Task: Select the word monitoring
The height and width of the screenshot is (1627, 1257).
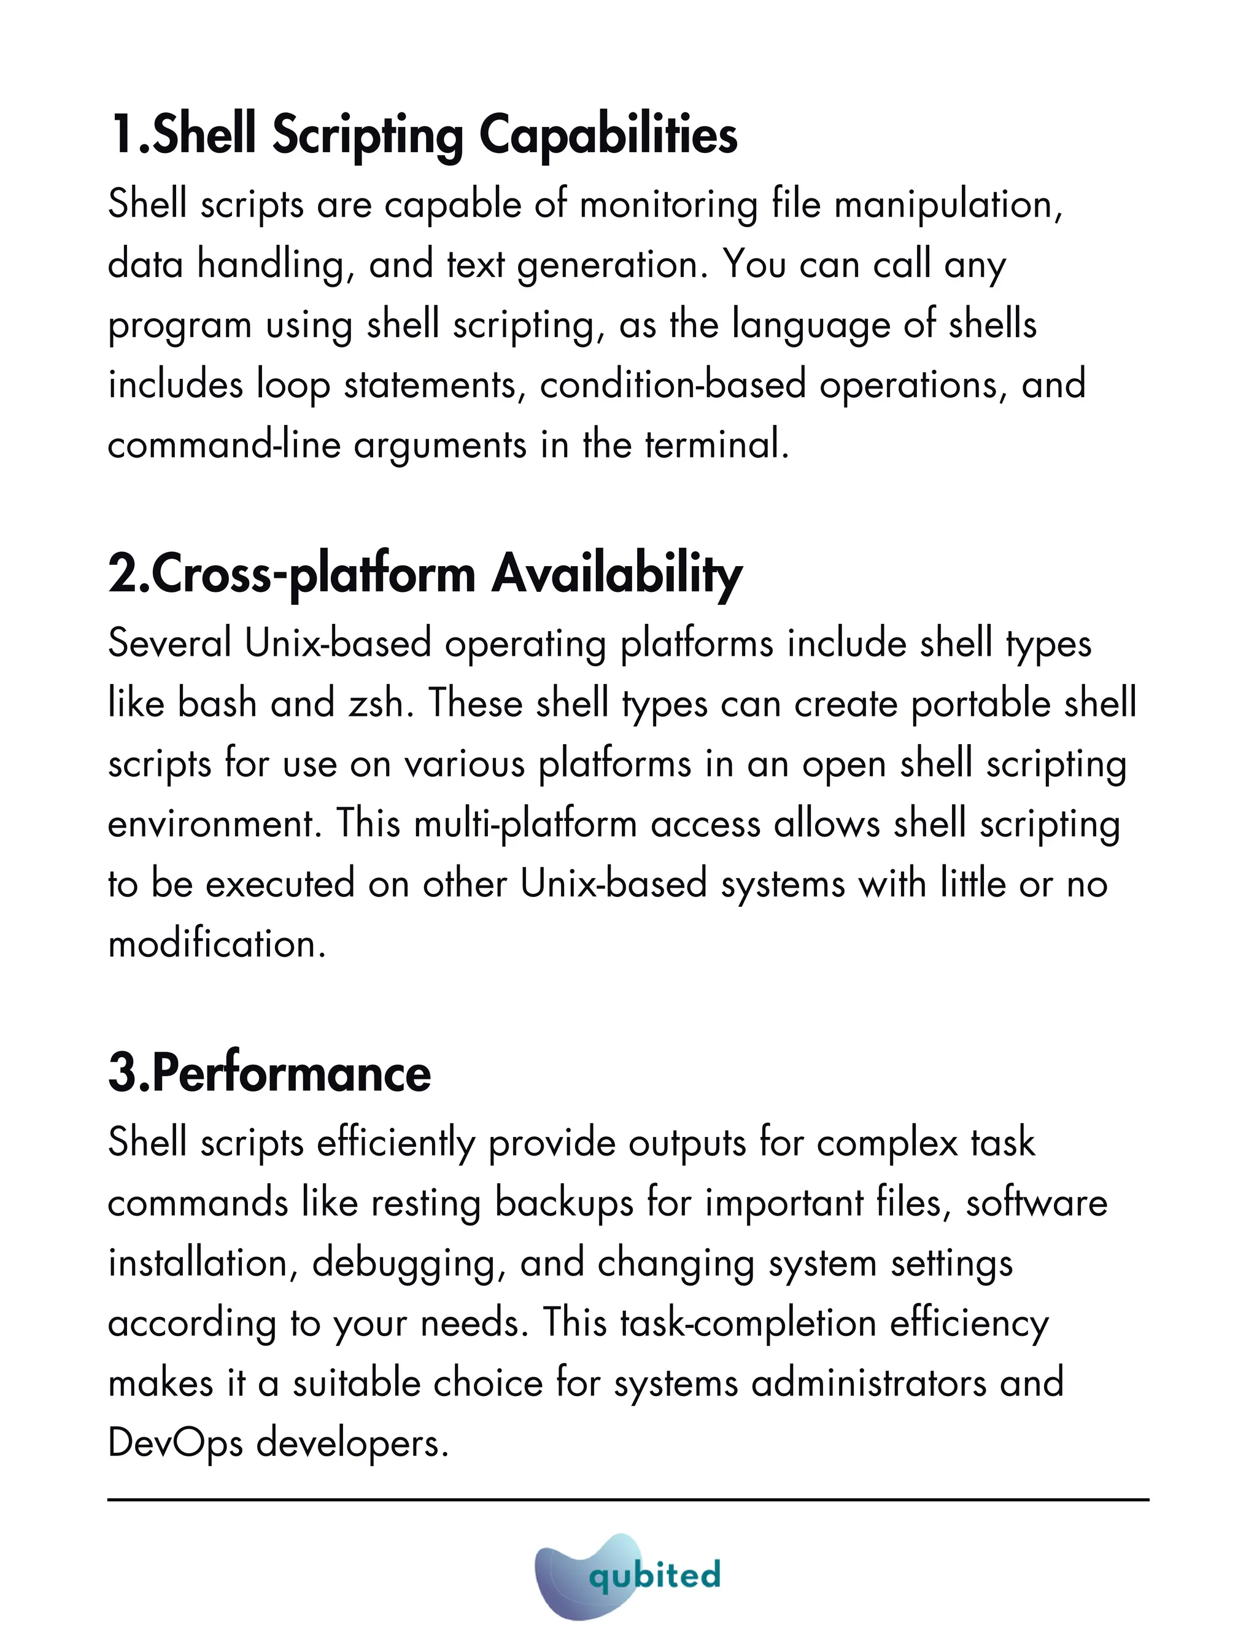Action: pyautogui.click(x=668, y=205)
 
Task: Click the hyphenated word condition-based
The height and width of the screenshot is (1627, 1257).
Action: pyautogui.click(x=673, y=385)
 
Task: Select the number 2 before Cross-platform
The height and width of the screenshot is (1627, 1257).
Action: pyautogui.click(x=122, y=575)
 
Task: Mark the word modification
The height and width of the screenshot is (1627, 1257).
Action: pyautogui.click(x=217, y=945)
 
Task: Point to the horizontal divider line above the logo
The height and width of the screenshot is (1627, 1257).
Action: pyautogui.click(x=628, y=1500)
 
